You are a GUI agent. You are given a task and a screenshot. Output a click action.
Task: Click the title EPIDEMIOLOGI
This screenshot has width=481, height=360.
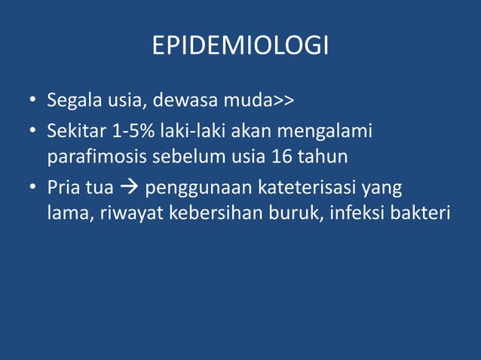coord(240,47)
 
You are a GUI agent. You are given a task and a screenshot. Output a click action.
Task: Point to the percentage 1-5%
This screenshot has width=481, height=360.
coord(130,132)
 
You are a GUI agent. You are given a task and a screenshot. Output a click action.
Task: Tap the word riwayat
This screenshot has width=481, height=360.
coord(125,213)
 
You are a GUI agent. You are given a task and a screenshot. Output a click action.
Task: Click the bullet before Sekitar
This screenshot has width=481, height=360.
coord(34,133)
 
